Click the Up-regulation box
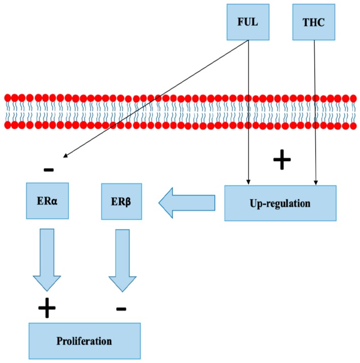pyautogui.click(x=280, y=203)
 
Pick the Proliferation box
pyautogui.click(x=85, y=341)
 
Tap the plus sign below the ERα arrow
pyautogui.click(x=47, y=308)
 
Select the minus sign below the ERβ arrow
pyautogui.click(x=121, y=308)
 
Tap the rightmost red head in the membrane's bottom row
pyautogui.click(x=353, y=124)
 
